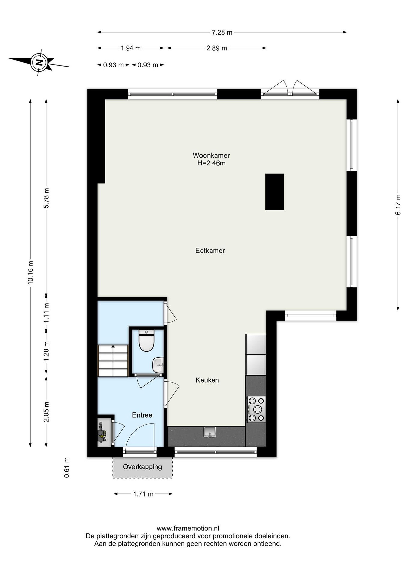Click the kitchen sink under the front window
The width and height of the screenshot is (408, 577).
pyautogui.click(x=210, y=432)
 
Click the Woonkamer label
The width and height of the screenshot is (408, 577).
pyautogui.click(x=211, y=155)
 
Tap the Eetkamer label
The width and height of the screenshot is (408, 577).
pyautogui.click(x=210, y=251)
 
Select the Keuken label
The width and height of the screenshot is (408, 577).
pyautogui.click(x=207, y=380)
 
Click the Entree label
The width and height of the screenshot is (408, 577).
pyautogui.click(x=142, y=415)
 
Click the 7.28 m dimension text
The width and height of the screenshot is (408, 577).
pyautogui.click(x=222, y=32)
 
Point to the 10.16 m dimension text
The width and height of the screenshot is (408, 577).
pyautogui.click(x=30, y=273)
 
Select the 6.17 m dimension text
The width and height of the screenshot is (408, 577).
pyautogui.click(x=398, y=205)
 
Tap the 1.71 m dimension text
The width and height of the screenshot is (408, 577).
pyautogui.click(x=143, y=494)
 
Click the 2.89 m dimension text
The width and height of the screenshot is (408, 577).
pyautogui.click(x=217, y=48)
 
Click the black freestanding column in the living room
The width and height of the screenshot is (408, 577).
pyautogui.click(x=275, y=192)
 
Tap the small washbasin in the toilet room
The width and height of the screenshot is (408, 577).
pyautogui.click(x=158, y=365)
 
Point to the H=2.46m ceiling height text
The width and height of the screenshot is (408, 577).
pyautogui.click(x=211, y=163)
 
